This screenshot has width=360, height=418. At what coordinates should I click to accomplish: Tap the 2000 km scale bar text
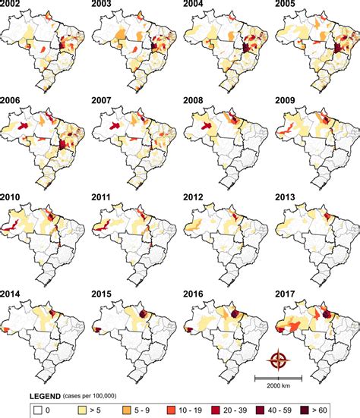[x=279, y=385]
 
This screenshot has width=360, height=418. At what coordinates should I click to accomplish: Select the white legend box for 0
[x=37, y=411]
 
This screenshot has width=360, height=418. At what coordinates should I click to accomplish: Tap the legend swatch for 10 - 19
[x=170, y=411]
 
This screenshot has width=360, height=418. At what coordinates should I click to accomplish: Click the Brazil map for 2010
[x=42, y=235]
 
